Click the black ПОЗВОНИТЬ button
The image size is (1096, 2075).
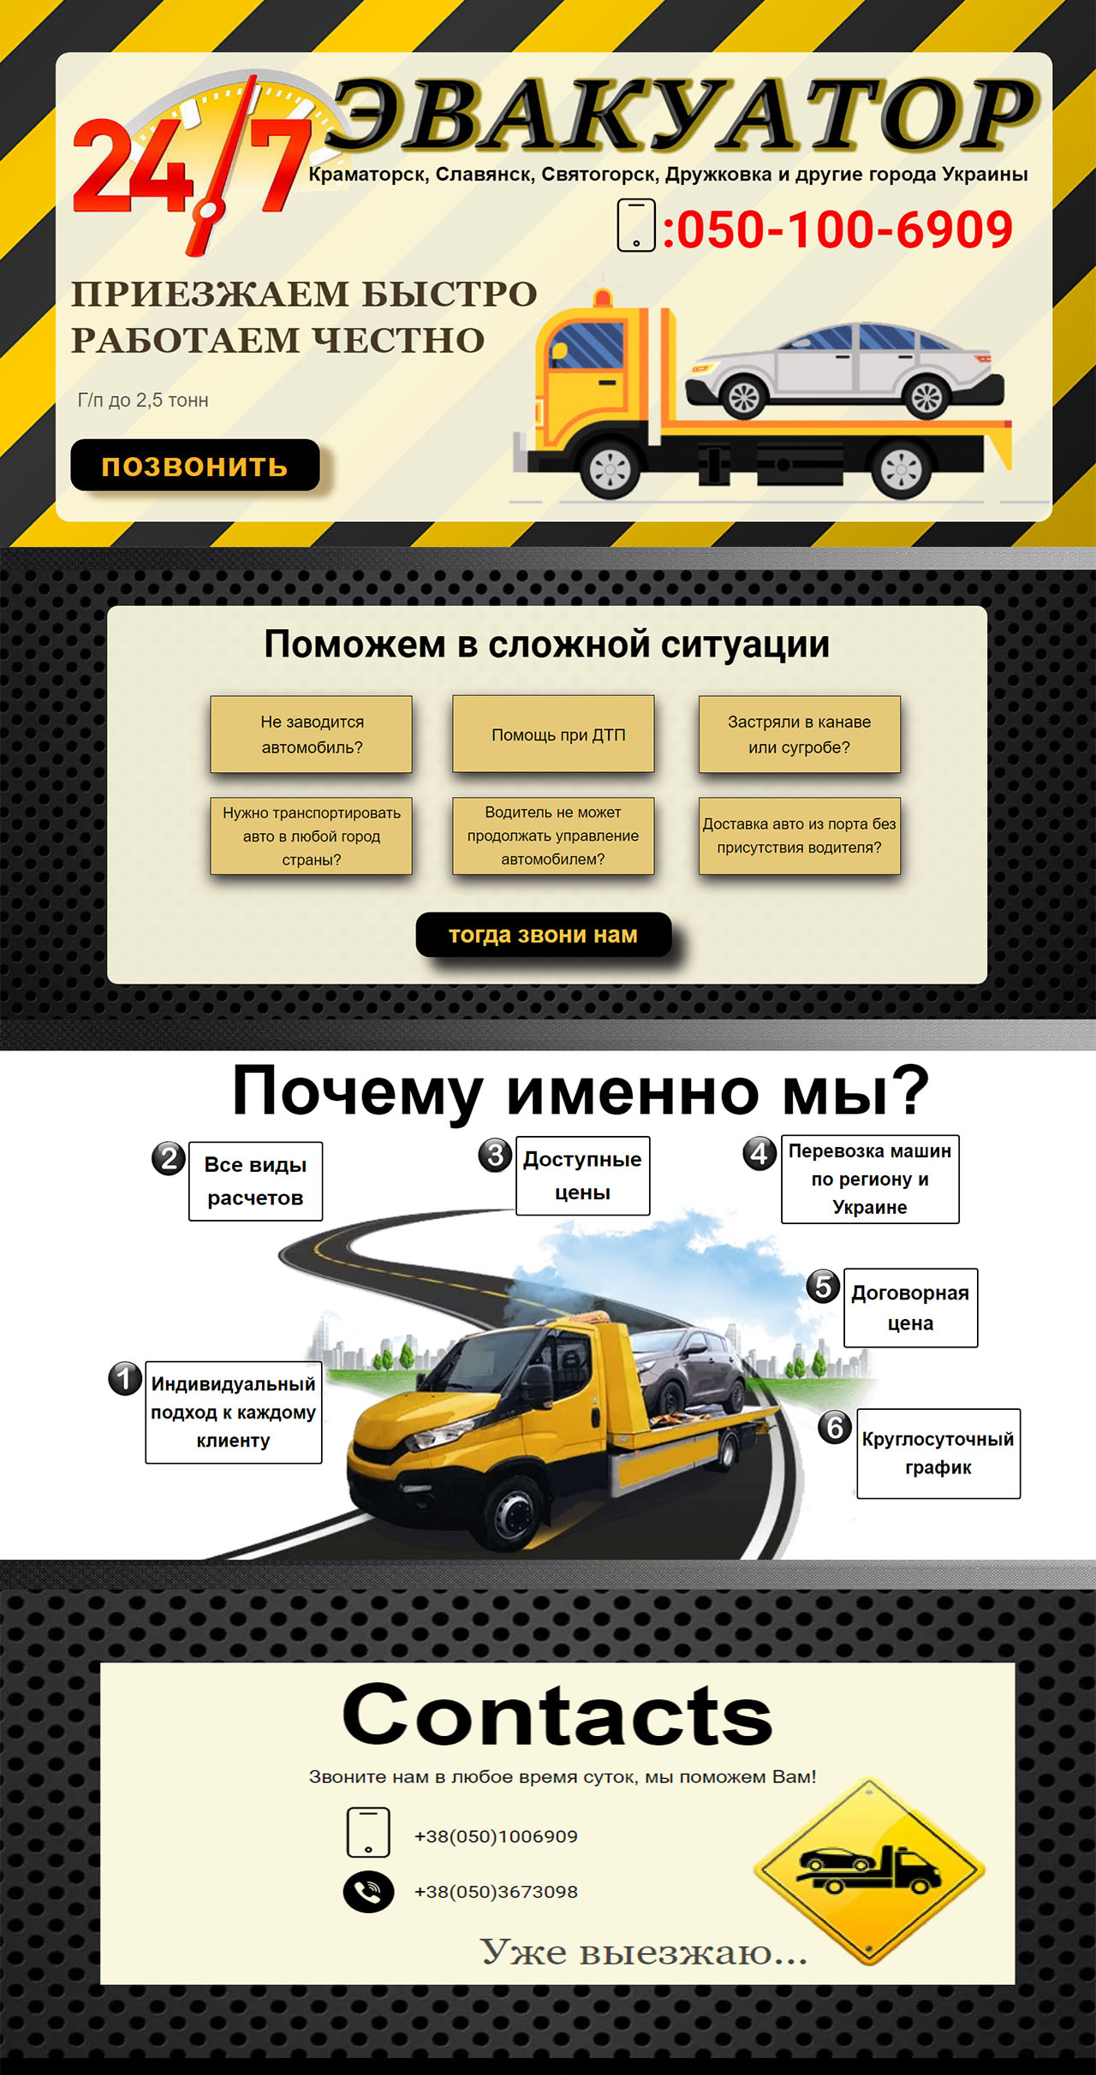tap(194, 466)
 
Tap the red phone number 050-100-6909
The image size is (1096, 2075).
tap(837, 229)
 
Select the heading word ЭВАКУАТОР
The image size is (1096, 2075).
tap(682, 115)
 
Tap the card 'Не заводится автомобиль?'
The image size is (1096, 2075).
tap(312, 734)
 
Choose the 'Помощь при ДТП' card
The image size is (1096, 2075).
tap(553, 734)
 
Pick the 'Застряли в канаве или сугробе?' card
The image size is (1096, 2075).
tap(799, 734)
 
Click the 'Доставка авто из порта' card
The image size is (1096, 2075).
tap(799, 835)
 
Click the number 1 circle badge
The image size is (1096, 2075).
tap(125, 1378)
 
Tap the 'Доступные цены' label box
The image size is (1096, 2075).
tap(582, 1175)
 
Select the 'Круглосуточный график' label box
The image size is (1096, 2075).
tap(938, 1453)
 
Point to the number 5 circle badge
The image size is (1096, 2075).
tap(823, 1286)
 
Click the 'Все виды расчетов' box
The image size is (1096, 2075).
tap(255, 1180)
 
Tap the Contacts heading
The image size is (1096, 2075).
tap(557, 1714)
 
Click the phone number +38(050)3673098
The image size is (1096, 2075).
tap(496, 1892)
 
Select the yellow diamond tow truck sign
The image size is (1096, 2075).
tap(869, 1870)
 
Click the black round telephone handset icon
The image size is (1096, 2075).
tap(368, 1892)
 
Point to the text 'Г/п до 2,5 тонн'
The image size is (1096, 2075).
tap(143, 400)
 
